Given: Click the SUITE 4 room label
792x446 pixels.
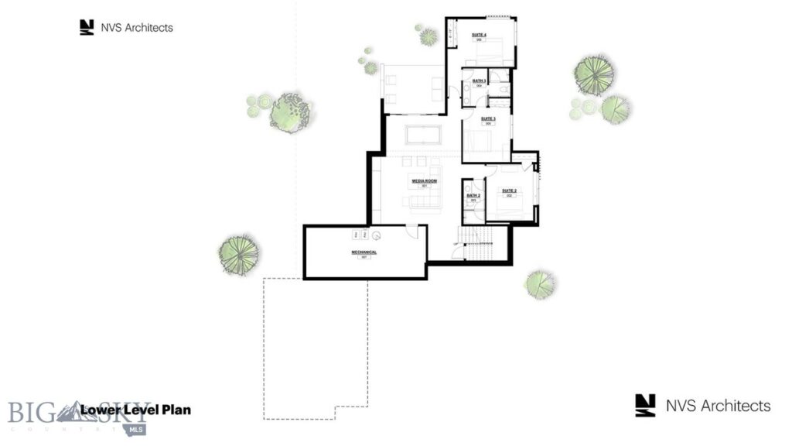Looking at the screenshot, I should click(x=479, y=35).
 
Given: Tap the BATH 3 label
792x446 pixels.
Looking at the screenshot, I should click(x=479, y=81).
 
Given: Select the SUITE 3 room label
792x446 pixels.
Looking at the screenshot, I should click(x=488, y=119).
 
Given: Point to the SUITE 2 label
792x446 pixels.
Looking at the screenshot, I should click(x=509, y=190).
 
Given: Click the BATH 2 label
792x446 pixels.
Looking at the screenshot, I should click(x=473, y=196).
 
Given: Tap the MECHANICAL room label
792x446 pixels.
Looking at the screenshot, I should click(x=364, y=252).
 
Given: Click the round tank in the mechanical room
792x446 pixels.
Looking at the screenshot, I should click(x=377, y=235).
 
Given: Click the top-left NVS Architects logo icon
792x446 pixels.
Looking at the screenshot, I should click(x=87, y=27).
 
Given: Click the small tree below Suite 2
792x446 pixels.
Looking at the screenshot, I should click(x=539, y=283).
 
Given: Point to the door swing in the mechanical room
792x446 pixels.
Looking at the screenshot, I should click(x=412, y=232).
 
